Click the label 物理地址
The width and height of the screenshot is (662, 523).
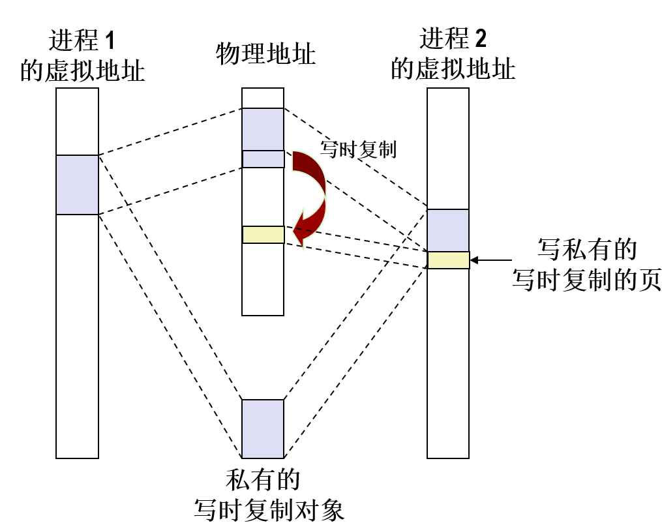point(265,54)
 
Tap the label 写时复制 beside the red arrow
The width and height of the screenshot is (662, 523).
point(358,149)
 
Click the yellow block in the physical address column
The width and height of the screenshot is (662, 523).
point(263,235)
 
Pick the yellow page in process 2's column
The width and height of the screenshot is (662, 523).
point(448,260)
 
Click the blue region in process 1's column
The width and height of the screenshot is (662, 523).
point(77,185)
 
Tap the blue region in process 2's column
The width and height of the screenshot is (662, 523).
point(448,230)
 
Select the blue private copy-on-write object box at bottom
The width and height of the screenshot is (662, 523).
point(263,428)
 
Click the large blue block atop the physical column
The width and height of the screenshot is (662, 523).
point(263,129)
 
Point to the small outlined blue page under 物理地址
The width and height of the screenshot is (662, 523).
point(263,159)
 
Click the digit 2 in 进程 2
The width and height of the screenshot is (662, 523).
point(480,40)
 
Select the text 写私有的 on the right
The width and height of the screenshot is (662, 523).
point(586,249)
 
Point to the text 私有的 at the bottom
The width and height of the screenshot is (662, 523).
point(262,480)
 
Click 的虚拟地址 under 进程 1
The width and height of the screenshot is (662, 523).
point(82,70)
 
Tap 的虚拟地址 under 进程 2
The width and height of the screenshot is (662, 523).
point(453,68)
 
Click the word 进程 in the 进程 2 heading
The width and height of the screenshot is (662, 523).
point(444,40)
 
